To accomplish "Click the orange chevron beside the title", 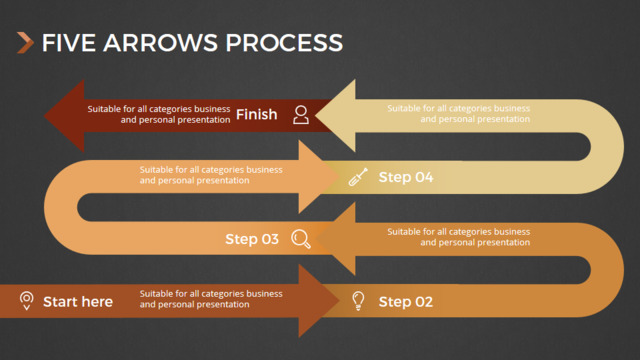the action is (x=25, y=43).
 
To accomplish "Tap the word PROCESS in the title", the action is (x=284, y=43).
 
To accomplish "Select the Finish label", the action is (x=256, y=114).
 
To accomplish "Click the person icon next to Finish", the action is (x=301, y=115).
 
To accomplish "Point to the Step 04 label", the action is (x=406, y=177).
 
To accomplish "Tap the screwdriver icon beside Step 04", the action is (x=358, y=177).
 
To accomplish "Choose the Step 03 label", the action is (x=252, y=239).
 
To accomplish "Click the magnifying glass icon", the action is (x=301, y=239).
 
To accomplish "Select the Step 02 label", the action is (x=406, y=302).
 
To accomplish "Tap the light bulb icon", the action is (x=358, y=301).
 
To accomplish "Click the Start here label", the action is (x=78, y=302).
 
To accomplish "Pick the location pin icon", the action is (x=27, y=301).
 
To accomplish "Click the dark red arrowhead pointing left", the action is (x=64, y=116).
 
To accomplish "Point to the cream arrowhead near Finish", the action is (x=335, y=116).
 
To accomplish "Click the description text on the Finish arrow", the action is (x=159, y=114).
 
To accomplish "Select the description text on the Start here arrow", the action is (x=211, y=299).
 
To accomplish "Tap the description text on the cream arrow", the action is (x=459, y=113).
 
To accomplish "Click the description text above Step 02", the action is (x=459, y=237).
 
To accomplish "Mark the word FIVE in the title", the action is (x=69, y=43).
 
